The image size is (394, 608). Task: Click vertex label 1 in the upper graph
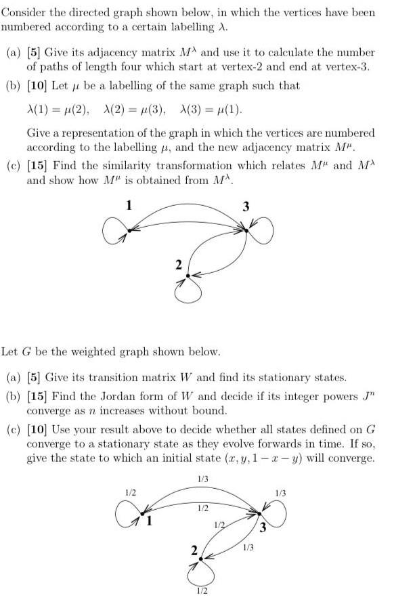(x=129, y=204)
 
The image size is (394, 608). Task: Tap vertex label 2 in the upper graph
(x=179, y=265)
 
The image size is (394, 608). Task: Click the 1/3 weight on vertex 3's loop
(x=281, y=493)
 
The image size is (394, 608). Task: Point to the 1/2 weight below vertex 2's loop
(x=201, y=591)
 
